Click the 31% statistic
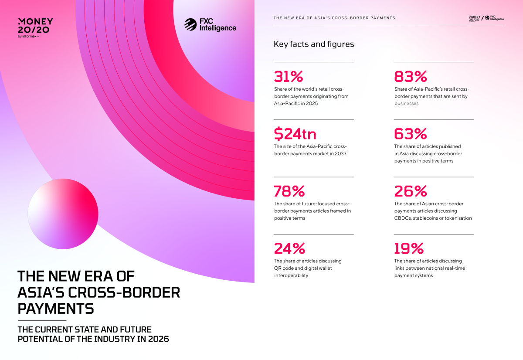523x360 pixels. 288,77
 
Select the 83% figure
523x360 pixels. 410,77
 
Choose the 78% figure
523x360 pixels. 289,191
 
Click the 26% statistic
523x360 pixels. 410,191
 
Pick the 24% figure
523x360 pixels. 289,248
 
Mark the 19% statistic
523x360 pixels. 409,248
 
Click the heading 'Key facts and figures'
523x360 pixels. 314,44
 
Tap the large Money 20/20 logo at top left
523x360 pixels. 35,27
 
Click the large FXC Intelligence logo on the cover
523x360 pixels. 210,25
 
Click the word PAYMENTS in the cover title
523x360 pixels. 55,308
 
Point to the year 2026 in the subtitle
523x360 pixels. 157,339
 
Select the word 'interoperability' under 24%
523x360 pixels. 291,275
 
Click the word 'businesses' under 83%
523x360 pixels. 406,103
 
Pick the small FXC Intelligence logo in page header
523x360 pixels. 496,18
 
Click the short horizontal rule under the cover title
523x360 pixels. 42,320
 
